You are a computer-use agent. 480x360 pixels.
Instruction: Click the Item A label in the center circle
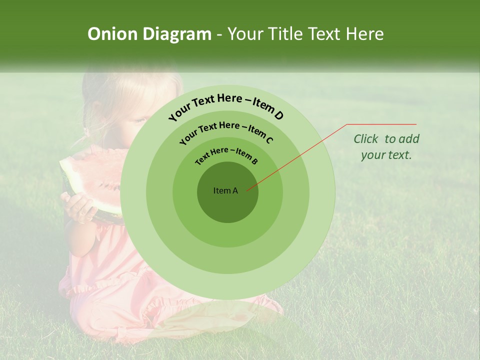[x=225, y=190]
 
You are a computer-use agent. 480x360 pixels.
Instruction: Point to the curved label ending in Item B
[x=226, y=155]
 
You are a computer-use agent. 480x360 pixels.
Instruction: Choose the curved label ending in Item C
[x=226, y=131]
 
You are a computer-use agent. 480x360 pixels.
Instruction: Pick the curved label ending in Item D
[x=226, y=106]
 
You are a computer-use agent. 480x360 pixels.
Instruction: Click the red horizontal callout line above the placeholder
[x=381, y=124]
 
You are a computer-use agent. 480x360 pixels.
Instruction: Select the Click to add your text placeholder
[x=386, y=147]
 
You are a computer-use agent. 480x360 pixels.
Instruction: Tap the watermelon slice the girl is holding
[x=90, y=180]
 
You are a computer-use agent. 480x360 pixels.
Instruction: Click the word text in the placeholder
[x=400, y=155]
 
